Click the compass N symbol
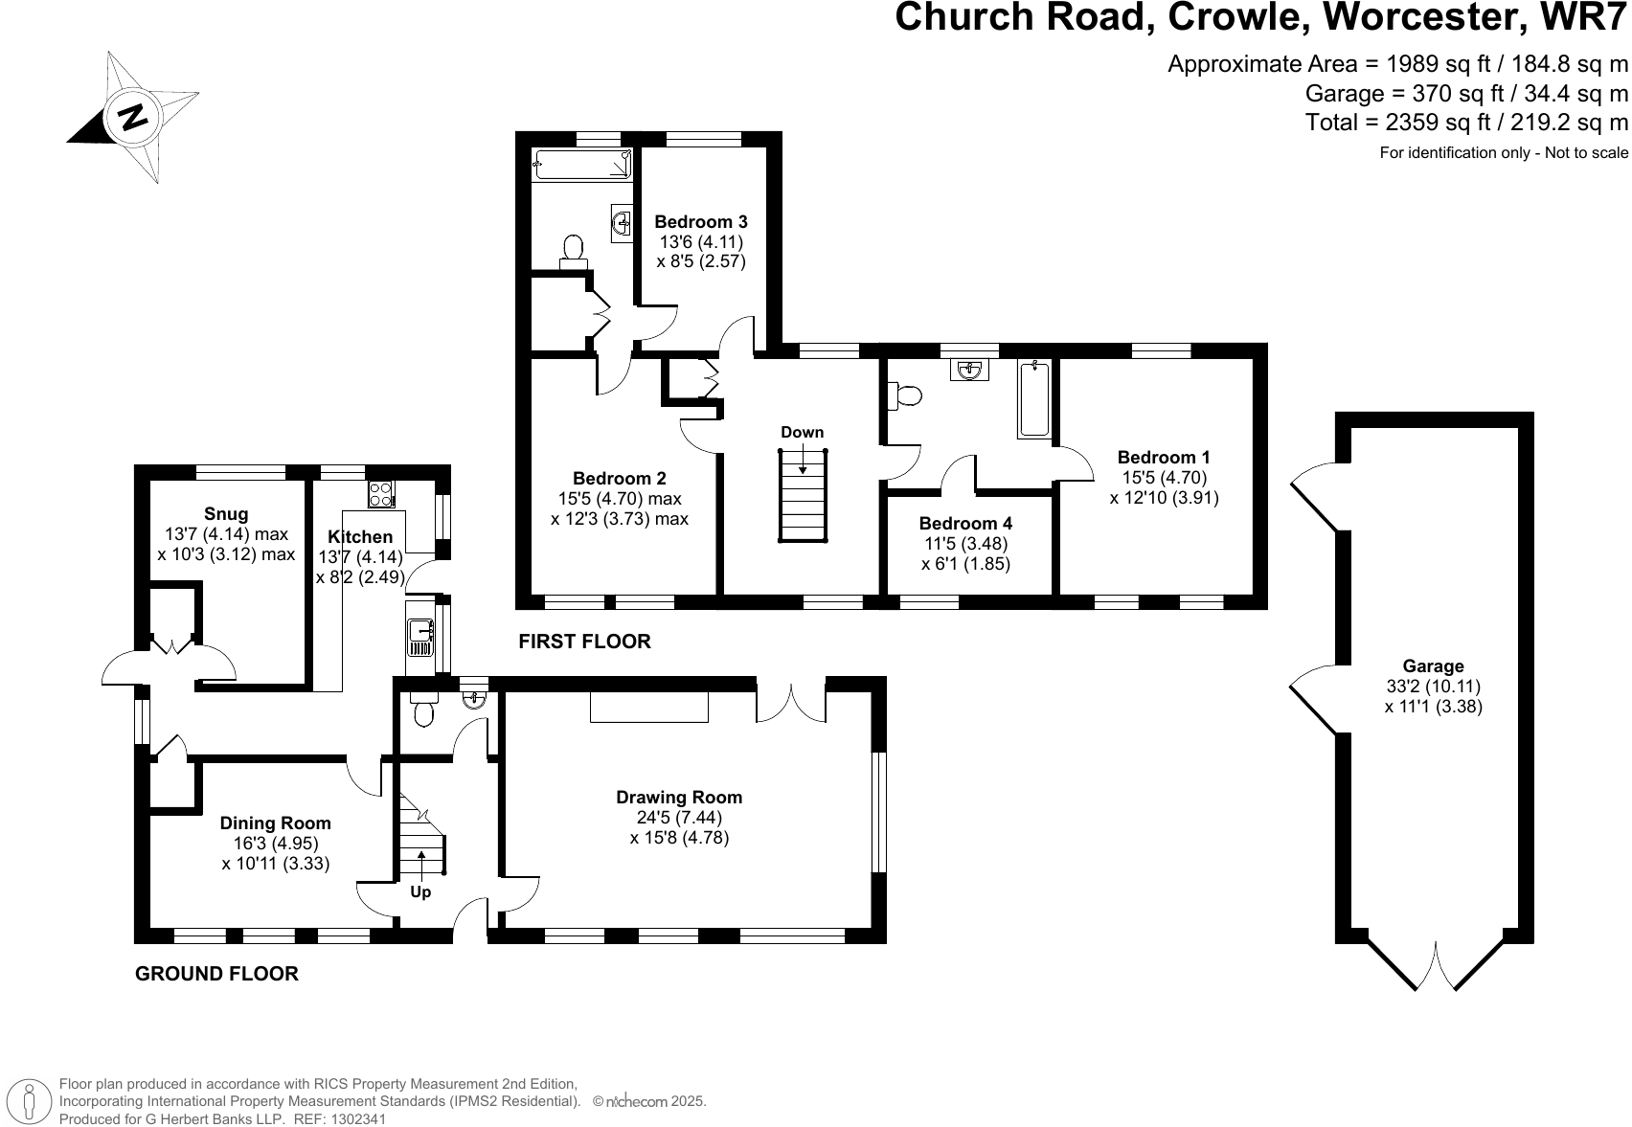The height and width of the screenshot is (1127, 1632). pyautogui.click(x=132, y=117)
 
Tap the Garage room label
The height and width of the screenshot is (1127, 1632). pyautogui.click(x=1433, y=666)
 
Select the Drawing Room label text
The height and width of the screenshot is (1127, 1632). pyautogui.click(x=679, y=798)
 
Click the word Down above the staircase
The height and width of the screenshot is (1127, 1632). pyautogui.click(x=802, y=432)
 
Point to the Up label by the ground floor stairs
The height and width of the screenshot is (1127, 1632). pyautogui.click(x=420, y=892)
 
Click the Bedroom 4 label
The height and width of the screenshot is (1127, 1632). pyautogui.click(x=964, y=524)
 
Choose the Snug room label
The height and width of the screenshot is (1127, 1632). pyautogui.click(x=226, y=514)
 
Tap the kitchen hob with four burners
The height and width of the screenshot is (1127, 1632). pyautogui.click(x=380, y=494)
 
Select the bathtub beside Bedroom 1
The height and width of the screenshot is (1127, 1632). pyautogui.click(x=1034, y=399)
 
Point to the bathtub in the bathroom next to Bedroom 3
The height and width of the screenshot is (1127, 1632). pyautogui.click(x=582, y=164)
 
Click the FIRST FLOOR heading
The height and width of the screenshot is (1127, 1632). pyautogui.click(x=584, y=642)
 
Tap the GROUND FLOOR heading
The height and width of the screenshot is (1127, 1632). pyautogui.click(x=216, y=974)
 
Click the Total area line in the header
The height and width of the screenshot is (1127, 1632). pyautogui.click(x=1465, y=123)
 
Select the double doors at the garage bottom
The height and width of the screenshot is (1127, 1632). pyautogui.click(x=1436, y=967)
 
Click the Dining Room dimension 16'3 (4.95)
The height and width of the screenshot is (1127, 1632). pyautogui.click(x=276, y=844)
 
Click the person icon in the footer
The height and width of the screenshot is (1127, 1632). pyautogui.click(x=31, y=1101)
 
